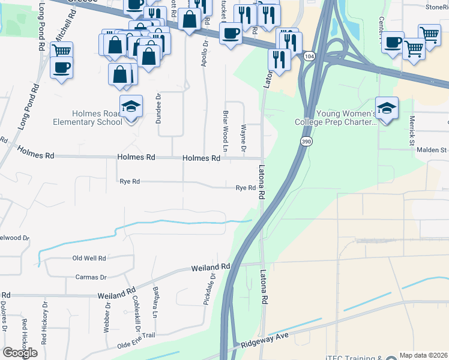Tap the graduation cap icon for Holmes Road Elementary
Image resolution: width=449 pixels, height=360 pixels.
pyautogui.click(x=131, y=107)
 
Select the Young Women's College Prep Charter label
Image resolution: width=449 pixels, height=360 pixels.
pyautogui.click(x=335, y=117)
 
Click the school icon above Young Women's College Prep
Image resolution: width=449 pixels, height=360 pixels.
pyautogui.click(x=387, y=109)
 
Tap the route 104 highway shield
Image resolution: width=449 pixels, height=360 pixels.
pyautogui.click(x=309, y=56)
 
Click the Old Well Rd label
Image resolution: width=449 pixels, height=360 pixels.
pyautogui.click(x=89, y=258)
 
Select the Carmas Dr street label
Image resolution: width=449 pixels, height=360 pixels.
pyautogui.click(x=91, y=277)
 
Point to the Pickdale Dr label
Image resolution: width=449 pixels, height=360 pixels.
pyautogui.click(x=208, y=291)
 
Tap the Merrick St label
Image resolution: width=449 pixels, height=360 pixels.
pyautogui.click(x=412, y=131)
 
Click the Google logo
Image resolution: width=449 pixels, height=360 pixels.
pyautogui.click(x=20, y=353)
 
